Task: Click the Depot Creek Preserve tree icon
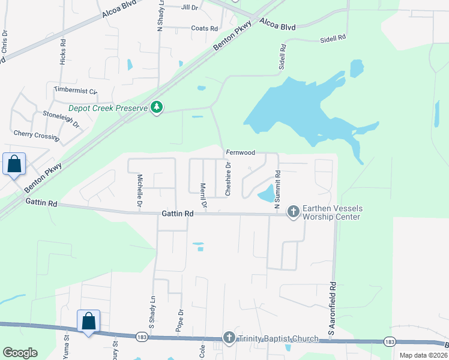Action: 157,107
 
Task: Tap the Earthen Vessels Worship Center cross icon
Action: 293,211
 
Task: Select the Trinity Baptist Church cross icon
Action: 229,338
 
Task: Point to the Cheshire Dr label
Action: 228,178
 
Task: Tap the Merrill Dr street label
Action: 203,196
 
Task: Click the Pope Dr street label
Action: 180,321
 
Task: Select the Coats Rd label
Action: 204,28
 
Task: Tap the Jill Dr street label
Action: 189,8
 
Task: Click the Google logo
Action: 20,353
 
